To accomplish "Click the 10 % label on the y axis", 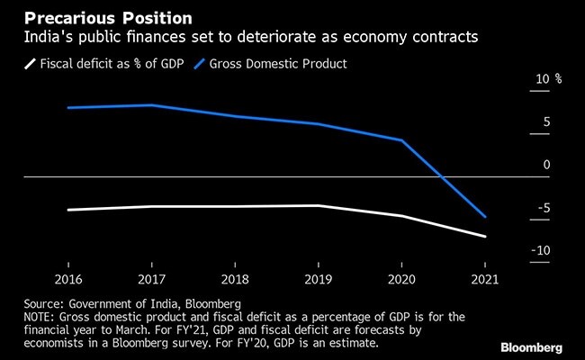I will [x=548, y=79].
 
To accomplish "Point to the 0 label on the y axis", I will [x=546, y=165].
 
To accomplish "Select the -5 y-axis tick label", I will [x=543, y=208].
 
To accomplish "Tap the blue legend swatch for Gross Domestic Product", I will [x=196, y=64].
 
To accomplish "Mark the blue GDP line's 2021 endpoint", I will [x=484, y=217].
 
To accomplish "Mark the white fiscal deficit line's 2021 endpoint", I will [x=484, y=237].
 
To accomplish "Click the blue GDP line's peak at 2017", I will [x=151, y=105].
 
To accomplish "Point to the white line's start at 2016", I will [x=68, y=210].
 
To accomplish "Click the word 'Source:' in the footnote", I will [x=35, y=304].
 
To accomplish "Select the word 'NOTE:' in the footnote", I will [x=33, y=318].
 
